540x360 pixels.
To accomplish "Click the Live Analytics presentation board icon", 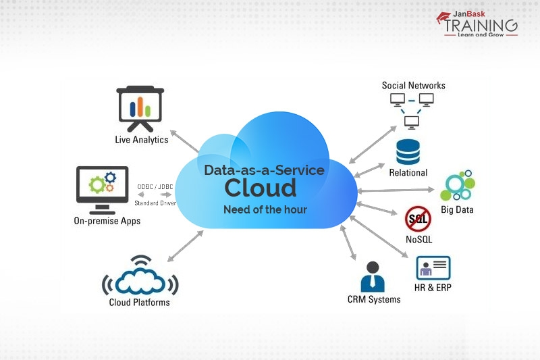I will tap(140, 107).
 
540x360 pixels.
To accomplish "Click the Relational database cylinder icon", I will tap(408, 152).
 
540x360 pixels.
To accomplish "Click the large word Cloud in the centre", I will tap(261, 187).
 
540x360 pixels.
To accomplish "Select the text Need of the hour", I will tap(265, 209).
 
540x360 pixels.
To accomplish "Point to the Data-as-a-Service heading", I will tap(265, 170).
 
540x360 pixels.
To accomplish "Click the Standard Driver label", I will tap(155, 203).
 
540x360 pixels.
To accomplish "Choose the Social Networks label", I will tap(414, 86).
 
